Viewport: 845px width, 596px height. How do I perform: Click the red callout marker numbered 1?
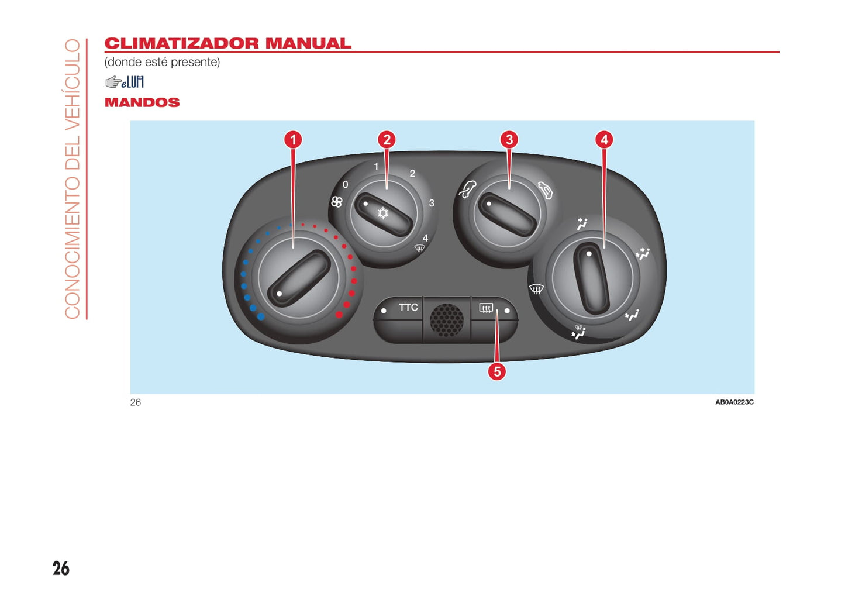[293, 140]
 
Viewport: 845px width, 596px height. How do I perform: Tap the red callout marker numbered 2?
[387, 140]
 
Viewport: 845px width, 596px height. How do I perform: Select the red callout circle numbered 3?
[509, 140]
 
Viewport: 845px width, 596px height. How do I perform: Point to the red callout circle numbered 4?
[604, 140]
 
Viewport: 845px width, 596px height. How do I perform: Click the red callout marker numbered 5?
[497, 371]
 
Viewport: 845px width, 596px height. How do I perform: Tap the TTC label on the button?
[409, 308]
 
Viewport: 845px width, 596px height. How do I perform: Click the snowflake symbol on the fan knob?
[383, 213]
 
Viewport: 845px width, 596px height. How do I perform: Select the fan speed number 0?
[345, 184]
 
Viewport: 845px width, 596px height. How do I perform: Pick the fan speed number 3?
[432, 204]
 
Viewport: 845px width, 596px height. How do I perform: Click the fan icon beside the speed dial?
[336, 202]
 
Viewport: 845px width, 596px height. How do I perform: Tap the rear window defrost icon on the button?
[486, 309]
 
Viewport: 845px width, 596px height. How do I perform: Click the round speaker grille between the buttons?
[447, 321]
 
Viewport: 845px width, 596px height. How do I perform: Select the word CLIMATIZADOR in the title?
[182, 43]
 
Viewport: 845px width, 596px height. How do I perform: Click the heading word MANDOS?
[142, 102]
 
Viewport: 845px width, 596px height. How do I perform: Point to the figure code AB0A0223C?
[734, 402]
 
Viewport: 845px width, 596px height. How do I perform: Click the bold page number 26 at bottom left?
[61, 569]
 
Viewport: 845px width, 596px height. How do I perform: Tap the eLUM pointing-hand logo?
[125, 82]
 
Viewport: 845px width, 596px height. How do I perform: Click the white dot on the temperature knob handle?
[279, 294]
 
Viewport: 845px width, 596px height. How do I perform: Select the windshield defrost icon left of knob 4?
[536, 289]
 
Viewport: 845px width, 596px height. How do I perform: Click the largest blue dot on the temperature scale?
[261, 316]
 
